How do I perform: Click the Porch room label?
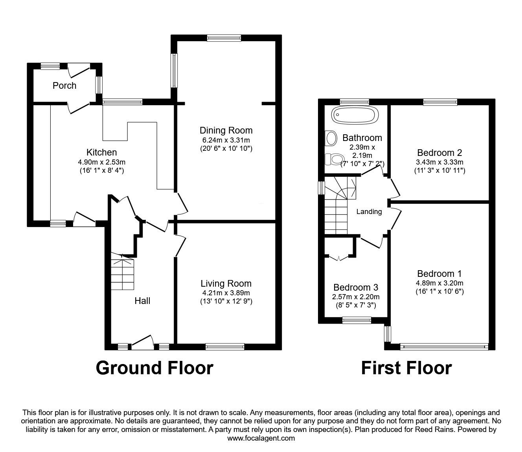[x=64, y=86]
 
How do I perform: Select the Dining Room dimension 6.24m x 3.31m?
[x=226, y=140]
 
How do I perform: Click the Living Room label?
[x=226, y=283]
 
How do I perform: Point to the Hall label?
[x=142, y=301]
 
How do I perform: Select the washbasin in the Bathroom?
[x=331, y=138]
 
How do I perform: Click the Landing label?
[x=369, y=212]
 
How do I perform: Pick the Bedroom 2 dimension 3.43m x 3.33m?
[x=439, y=162]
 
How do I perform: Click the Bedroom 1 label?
[x=439, y=274]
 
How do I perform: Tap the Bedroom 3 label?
[x=356, y=287]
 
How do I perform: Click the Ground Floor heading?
[x=154, y=368]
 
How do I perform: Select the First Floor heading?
[x=406, y=368]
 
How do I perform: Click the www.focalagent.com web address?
[x=261, y=438]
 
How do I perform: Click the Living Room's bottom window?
[x=225, y=346]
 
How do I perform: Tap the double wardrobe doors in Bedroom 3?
[x=338, y=257]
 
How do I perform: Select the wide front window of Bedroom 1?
[x=444, y=346]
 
